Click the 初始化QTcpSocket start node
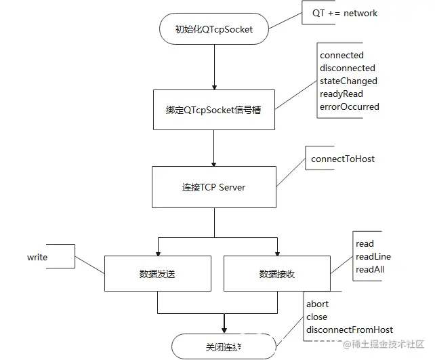click(x=213, y=29)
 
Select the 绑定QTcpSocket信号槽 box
click(x=213, y=109)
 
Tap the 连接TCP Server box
click(x=213, y=187)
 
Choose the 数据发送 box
click(x=157, y=274)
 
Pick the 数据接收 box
click(x=276, y=274)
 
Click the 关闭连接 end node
click(x=224, y=346)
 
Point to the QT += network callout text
click(x=344, y=13)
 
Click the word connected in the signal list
click(x=341, y=55)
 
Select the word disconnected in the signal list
click(x=347, y=68)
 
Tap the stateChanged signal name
click(x=348, y=81)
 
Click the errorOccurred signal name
click(x=349, y=106)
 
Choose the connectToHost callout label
click(x=343, y=159)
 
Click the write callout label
click(x=37, y=257)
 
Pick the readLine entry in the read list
click(x=373, y=256)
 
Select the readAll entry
click(x=370, y=269)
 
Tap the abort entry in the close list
click(x=317, y=304)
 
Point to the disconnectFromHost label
click(x=350, y=329)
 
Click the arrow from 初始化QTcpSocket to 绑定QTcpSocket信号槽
click(x=214, y=67)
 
